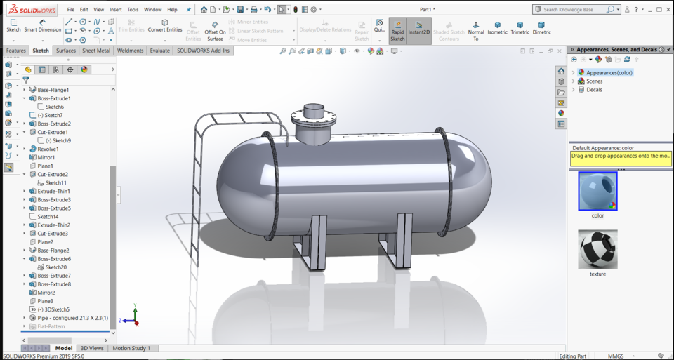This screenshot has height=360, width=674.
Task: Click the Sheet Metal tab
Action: click(96, 51)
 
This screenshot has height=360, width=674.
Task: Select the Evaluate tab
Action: click(159, 51)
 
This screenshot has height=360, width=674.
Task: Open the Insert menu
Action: click(115, 10)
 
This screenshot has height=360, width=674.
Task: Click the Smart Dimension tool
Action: click(43, 25)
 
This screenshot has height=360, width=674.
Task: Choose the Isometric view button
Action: click(497, 27)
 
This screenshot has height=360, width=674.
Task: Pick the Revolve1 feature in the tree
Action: click(48, 149)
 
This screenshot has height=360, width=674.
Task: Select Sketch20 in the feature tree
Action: click(56, 267)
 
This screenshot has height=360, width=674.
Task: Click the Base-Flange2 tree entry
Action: click(53, 251)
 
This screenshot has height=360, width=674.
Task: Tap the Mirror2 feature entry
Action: click(46, 293)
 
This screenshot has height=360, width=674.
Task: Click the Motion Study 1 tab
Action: click(131, 348)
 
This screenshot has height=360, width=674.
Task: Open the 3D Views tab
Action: click(92, 348)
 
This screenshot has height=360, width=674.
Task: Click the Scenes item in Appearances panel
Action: click(594, 81)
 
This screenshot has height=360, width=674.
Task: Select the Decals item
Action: click(594, 90)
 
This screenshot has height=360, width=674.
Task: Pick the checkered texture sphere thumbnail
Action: click(597, 249)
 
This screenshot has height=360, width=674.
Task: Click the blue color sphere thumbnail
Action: click(597, 191)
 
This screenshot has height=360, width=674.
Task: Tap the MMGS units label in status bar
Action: click(616, 356)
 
